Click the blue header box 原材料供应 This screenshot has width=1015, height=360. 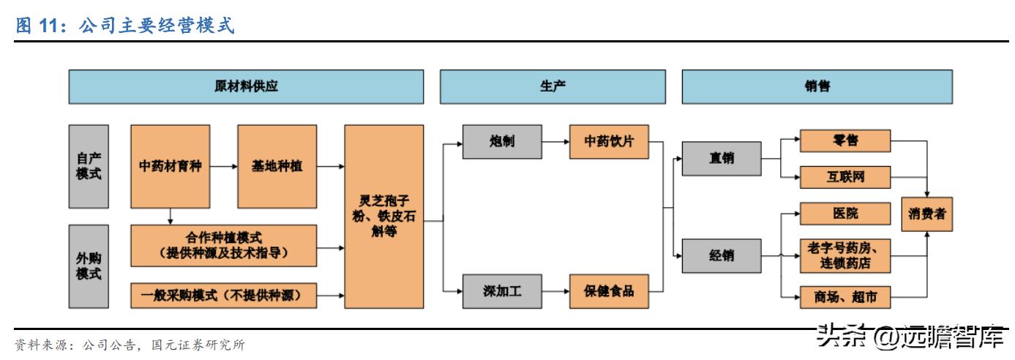[x=246, y=86]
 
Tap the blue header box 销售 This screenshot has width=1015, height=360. [x=817, y=86]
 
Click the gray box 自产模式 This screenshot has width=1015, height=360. [x=89, y=165]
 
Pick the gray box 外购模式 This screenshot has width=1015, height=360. [x=89, y=266]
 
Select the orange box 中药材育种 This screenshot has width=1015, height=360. [x=171, y=165]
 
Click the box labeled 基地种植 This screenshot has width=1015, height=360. [x=277, y=165]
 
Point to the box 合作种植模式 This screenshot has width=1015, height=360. [x=225, y=246]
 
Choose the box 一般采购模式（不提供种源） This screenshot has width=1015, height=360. [x=225, y=295]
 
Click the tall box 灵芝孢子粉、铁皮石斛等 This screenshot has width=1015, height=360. [x=384, y=215]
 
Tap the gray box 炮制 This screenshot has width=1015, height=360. [x=503, y=141]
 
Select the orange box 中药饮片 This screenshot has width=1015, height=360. [x=610, y=141]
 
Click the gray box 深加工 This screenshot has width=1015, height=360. [x=503, y=291]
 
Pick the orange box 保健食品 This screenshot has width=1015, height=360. [x=610, y=291]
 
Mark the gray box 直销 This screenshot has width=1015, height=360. [x=722, y=158]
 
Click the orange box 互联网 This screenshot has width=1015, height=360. [x=844, y=177]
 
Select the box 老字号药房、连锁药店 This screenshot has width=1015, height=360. [x=844, y=255]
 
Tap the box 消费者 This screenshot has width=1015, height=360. [x=926, y=214]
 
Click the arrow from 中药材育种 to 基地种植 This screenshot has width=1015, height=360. [x=223, y=166]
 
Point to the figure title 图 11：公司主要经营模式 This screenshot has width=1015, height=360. [x=124, y=26]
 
